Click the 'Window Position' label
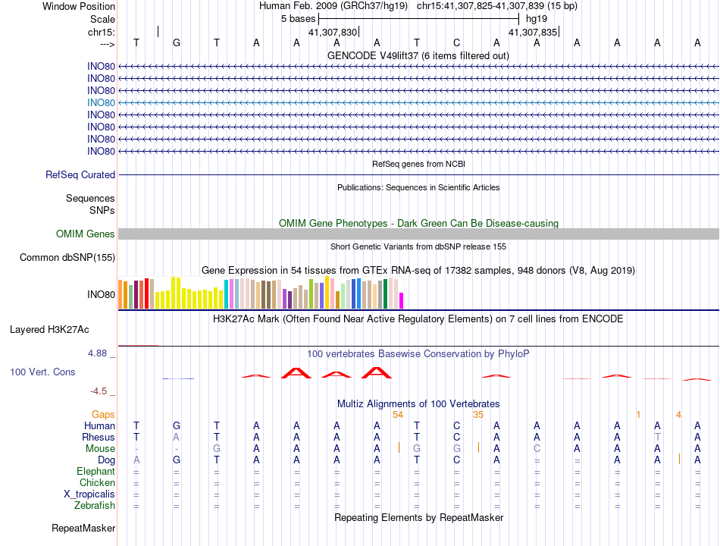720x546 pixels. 79,6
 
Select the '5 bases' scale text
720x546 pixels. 298,18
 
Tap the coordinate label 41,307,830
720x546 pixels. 332,32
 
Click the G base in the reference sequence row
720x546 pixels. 177,43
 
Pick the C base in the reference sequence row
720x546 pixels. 456,43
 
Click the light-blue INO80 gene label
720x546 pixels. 101,102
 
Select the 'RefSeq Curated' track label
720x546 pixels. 80,174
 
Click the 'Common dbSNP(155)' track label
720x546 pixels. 67,258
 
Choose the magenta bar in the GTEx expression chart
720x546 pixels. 402,300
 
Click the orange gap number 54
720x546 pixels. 398,415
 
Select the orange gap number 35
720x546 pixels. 477,415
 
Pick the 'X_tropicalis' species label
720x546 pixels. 89,494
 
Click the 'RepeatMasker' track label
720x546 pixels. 83,527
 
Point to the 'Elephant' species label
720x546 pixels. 95,471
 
